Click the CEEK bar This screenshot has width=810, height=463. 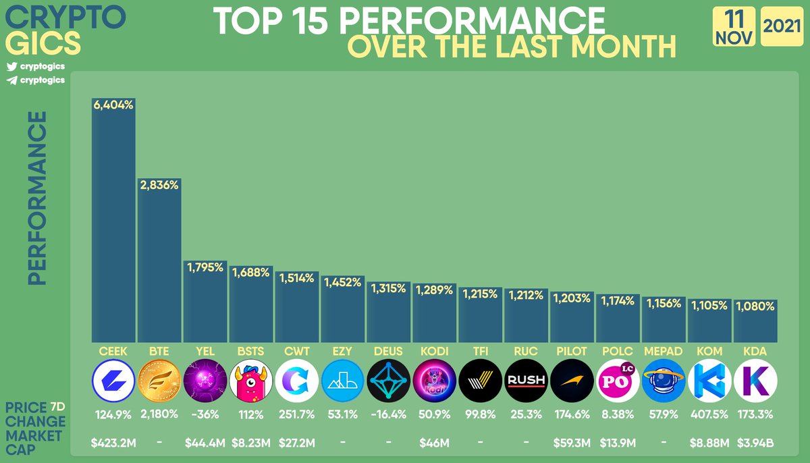click(x=113, y=220)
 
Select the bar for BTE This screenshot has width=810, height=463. click(x=159, y=261)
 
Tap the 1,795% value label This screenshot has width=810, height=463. click(x=205, y=267)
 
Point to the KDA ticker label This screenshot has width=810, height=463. click(x=755, y=352)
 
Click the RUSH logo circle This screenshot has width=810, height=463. click(x=526, y=381)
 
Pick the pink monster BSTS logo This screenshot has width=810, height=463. click(x=251, y=381)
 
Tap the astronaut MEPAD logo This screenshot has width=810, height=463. click(x=664, y=381)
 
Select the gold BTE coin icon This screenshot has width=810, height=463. click(x=159, y=381)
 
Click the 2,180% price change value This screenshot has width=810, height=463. click(x=159, y=414)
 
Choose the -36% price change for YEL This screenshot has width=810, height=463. click(x=205, y=414)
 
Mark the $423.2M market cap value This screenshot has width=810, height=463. click(x=113, y=443)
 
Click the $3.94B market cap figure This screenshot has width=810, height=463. click(x=755, y=443)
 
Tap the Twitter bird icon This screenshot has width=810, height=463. click(x=12, y=67)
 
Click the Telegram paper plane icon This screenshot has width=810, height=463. click(x=12, y=80)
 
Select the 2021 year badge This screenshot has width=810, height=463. click(x=782, y=26)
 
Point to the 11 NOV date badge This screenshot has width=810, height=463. click(x=734, y=26)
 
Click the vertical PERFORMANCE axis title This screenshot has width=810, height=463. click(x=37, y=198)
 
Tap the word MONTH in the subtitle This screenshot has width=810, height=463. click(x=624, y=47)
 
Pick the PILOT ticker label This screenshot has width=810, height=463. click(x=572, y=352)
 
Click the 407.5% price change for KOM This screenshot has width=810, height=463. click(x=709, y=414)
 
